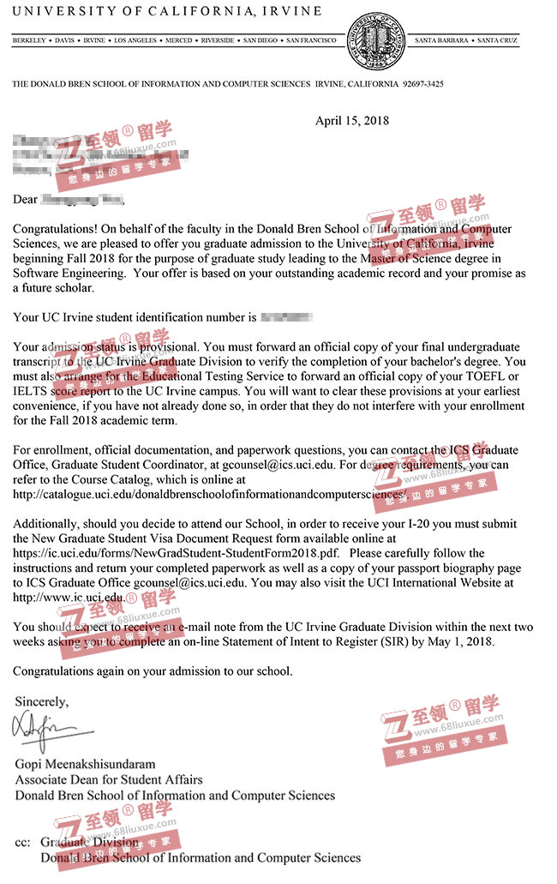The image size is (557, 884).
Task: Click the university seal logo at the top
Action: coord(376,41)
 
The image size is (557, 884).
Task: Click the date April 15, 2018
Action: coord(351,121)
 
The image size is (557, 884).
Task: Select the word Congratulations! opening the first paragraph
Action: coord(56,230)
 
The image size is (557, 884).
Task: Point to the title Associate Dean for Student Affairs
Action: coord(109,779)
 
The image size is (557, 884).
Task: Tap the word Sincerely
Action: coord(41,701)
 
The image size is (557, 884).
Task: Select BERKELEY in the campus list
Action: coord(30,40)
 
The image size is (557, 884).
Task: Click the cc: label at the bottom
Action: coord(23,843)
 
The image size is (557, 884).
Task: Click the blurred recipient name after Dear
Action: coord(82,200)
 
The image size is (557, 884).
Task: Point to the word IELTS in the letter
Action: coord(31,391)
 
